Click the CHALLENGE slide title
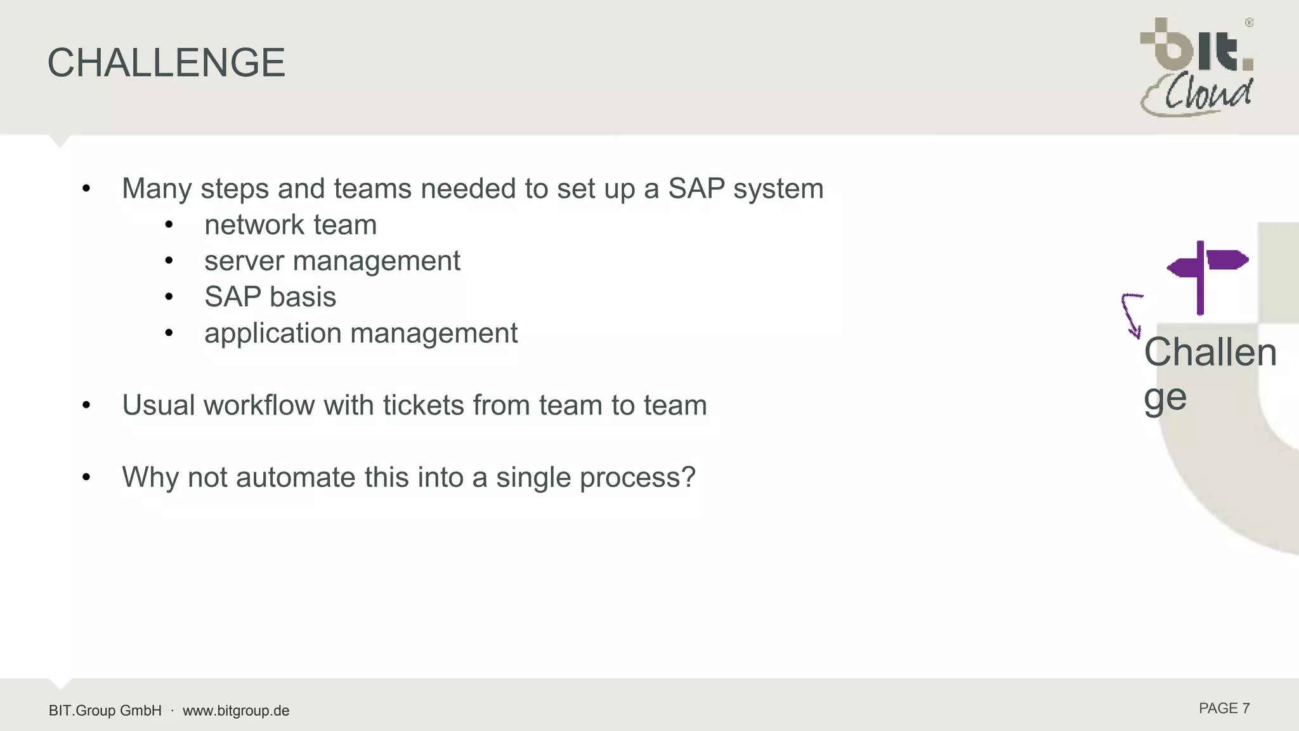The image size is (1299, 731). click(166, 63)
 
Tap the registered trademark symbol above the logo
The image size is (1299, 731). click(1249, 23)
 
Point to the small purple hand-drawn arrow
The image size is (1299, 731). click(1131, 315)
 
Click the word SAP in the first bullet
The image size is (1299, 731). click(696, 188)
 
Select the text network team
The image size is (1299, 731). click(290, 225)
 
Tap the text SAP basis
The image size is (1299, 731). click(270, 297)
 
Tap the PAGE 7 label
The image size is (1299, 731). click(1224, 709)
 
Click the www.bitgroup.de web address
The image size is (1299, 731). click(236, 711)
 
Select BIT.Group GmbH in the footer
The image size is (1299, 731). click(105, 711)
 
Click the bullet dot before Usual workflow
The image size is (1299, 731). click(86, 405)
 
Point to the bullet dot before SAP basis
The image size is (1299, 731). click(169, 297)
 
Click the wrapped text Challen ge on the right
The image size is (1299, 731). click(1209, 374)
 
